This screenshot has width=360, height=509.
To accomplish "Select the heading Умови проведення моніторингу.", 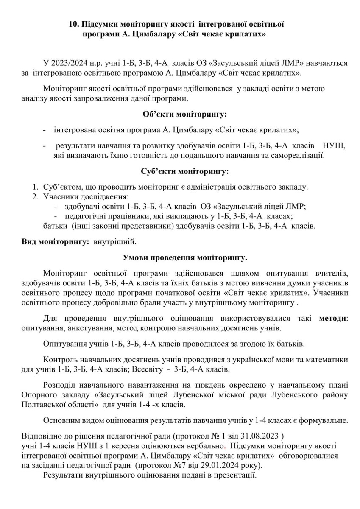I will (184, 257).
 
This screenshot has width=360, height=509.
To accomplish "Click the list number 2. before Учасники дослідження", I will (36, 197).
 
